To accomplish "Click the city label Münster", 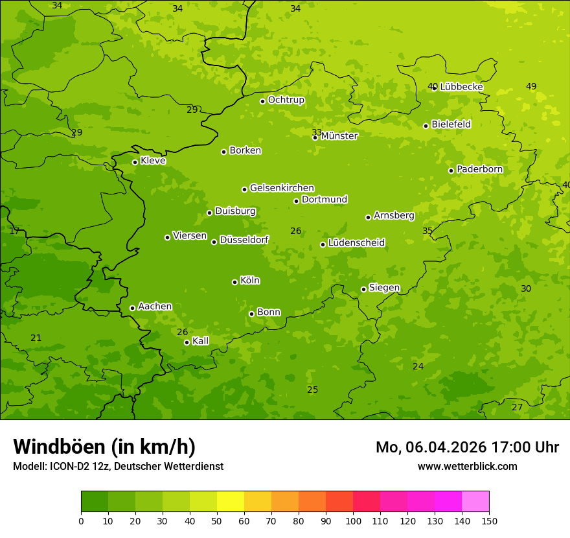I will click(x=339, y=136).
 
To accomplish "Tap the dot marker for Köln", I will click(x=234, y=282).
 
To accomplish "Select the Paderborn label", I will click(x=479, y=169).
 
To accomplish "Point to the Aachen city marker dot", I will click(x=132, y=308).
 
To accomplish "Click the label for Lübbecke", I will click(x=461, y=87).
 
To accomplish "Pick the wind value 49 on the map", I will click(x=531, y=86).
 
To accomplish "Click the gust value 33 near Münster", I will click(x=317, y=132).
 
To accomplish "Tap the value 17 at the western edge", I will click(x=14, y=231).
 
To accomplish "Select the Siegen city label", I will click(x=384, y=288).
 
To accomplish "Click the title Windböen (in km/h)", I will click(x=104, y=447).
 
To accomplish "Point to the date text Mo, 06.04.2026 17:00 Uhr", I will click(x=467, y=447).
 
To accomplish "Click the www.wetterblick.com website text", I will click(x=467, y=466).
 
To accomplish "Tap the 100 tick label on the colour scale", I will click(x=353, y=520).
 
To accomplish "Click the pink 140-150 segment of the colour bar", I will click(x=475, y=502).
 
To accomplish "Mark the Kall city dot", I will click(x=187, y=342).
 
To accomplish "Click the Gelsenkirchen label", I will click(x=282, y=188).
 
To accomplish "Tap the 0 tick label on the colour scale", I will click(x=81, y=520).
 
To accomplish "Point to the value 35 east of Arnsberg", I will click(x=427, y=231).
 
